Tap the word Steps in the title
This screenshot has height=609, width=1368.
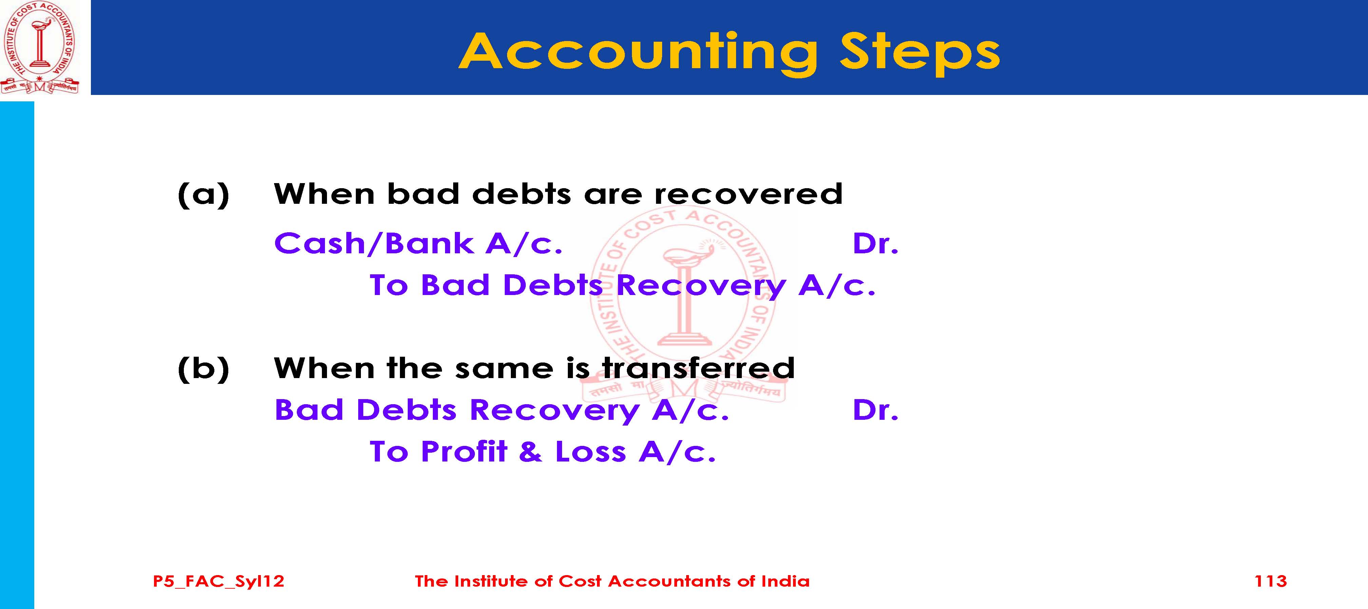pyautogui.click(x=919, y=53)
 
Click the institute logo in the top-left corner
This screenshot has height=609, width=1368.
pyautogui.click(x=40, y=48)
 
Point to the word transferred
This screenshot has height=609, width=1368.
pyautogui.click(x=698, y=368)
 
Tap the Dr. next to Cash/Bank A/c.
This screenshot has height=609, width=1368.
pyautogui.click(x=875, y=244)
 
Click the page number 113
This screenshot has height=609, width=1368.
pyautogui.click(x=1270, y=582)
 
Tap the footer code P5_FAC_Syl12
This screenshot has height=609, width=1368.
pyautogui.click(x=218, y=582)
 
